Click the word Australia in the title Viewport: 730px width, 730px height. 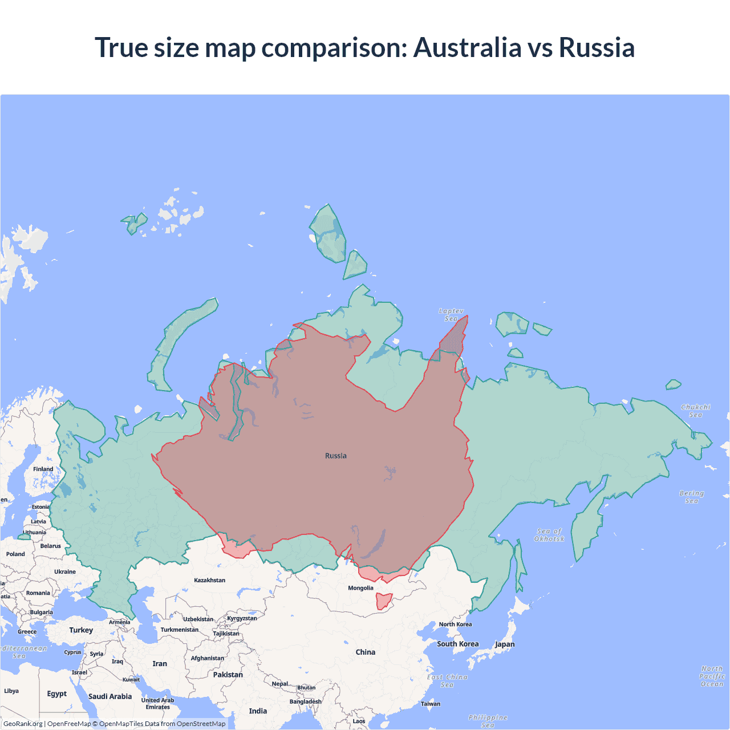[467, 47]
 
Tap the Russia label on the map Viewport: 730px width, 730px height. [336, 456]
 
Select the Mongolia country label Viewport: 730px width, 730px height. [360, 588]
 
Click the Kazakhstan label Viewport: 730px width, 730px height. [209, 580]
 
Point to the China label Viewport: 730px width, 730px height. [366, 652]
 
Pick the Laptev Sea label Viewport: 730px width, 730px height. [451, 315]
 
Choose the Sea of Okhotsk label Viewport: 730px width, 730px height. [549, 535]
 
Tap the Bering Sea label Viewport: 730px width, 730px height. [692, 497]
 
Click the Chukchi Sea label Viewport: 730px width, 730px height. [696, 411]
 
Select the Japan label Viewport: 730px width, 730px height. [505, 644]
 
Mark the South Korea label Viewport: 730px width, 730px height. [458, 644]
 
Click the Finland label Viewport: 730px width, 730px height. [43, 469]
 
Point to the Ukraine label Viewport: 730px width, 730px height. [65, 571]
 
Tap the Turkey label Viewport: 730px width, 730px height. [81, 630]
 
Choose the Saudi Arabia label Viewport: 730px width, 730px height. [110, 696]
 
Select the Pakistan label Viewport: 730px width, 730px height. [228, 675]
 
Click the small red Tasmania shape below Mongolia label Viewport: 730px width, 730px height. [383, 601]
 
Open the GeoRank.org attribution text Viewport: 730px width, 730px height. [23, 724]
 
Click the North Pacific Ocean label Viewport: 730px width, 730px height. [712, 676]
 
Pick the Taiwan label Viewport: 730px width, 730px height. [431, 704]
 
